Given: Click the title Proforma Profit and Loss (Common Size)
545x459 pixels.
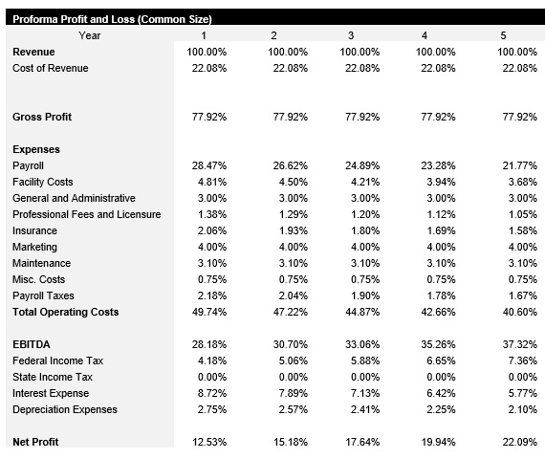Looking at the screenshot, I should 112,19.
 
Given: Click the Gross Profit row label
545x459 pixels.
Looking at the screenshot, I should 42,117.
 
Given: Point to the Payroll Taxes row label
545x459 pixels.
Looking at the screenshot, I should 43,295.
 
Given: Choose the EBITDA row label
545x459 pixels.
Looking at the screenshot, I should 31,344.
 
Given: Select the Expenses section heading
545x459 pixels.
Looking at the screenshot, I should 36,149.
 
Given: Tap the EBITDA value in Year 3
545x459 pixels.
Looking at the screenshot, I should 360,344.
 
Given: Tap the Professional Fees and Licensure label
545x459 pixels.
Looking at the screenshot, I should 87,214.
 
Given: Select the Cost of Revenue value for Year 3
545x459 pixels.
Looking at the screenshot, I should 360,68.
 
